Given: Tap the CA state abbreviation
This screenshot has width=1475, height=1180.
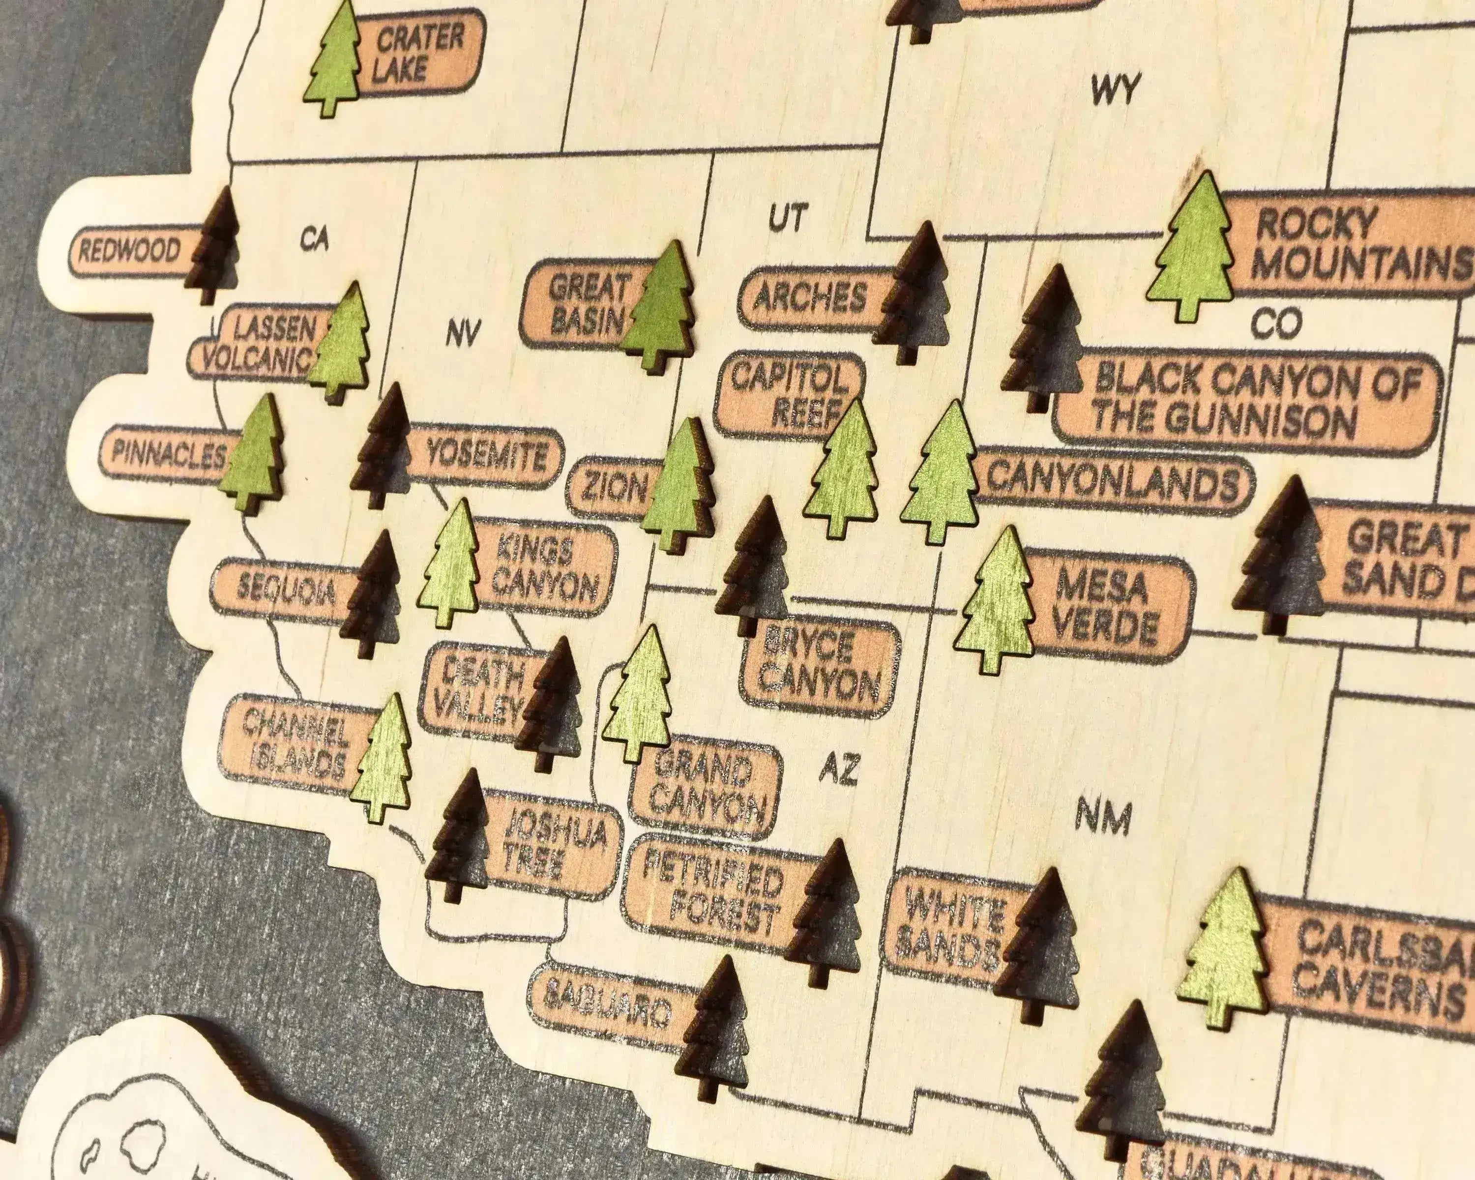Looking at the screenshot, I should pos(314,239).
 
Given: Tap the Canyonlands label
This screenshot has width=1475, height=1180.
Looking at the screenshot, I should pos(1112,482).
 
